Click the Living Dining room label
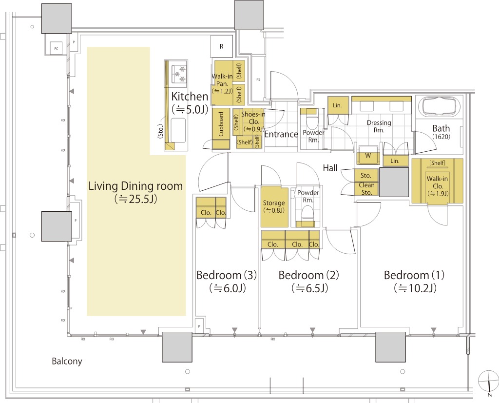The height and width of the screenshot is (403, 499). click(135, 186)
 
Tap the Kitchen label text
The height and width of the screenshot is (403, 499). click(190, 97)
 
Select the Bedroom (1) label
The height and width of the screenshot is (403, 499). click(414, 275)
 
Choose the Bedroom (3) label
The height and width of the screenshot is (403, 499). click(227, 275)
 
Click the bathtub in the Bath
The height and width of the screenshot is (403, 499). click(441, 107)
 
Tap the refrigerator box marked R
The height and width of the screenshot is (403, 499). click(222, 47)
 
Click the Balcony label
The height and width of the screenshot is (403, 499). click(67, 362)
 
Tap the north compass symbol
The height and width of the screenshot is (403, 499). click(487, 381)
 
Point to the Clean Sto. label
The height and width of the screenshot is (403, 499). click(366, 189)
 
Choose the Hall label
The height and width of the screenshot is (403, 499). click(330, 168)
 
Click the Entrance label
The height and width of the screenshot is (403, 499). click(281, 134)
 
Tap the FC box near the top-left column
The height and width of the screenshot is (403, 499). click(56, 49)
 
